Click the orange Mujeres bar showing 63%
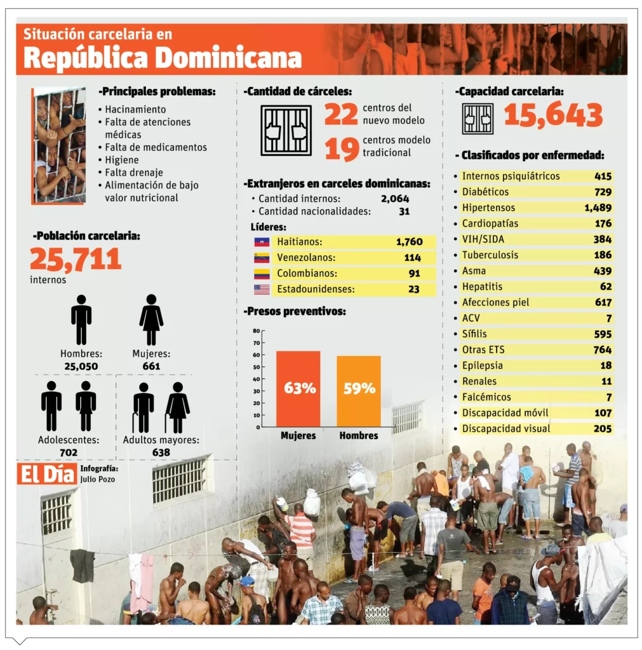298,388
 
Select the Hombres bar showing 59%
359,391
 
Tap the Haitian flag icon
262,242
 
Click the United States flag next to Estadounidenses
262,289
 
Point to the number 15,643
553,116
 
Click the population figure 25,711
76,259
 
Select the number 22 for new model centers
342,114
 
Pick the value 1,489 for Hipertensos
598,208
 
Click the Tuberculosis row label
490,255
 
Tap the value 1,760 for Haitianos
409,242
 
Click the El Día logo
47,474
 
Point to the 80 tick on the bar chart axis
256,331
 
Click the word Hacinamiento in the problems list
135,109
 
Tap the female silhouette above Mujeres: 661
151,320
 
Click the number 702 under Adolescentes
69,453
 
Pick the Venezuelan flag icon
262,258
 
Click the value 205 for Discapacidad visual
603,428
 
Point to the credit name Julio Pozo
98,479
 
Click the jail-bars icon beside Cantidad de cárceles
286,130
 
